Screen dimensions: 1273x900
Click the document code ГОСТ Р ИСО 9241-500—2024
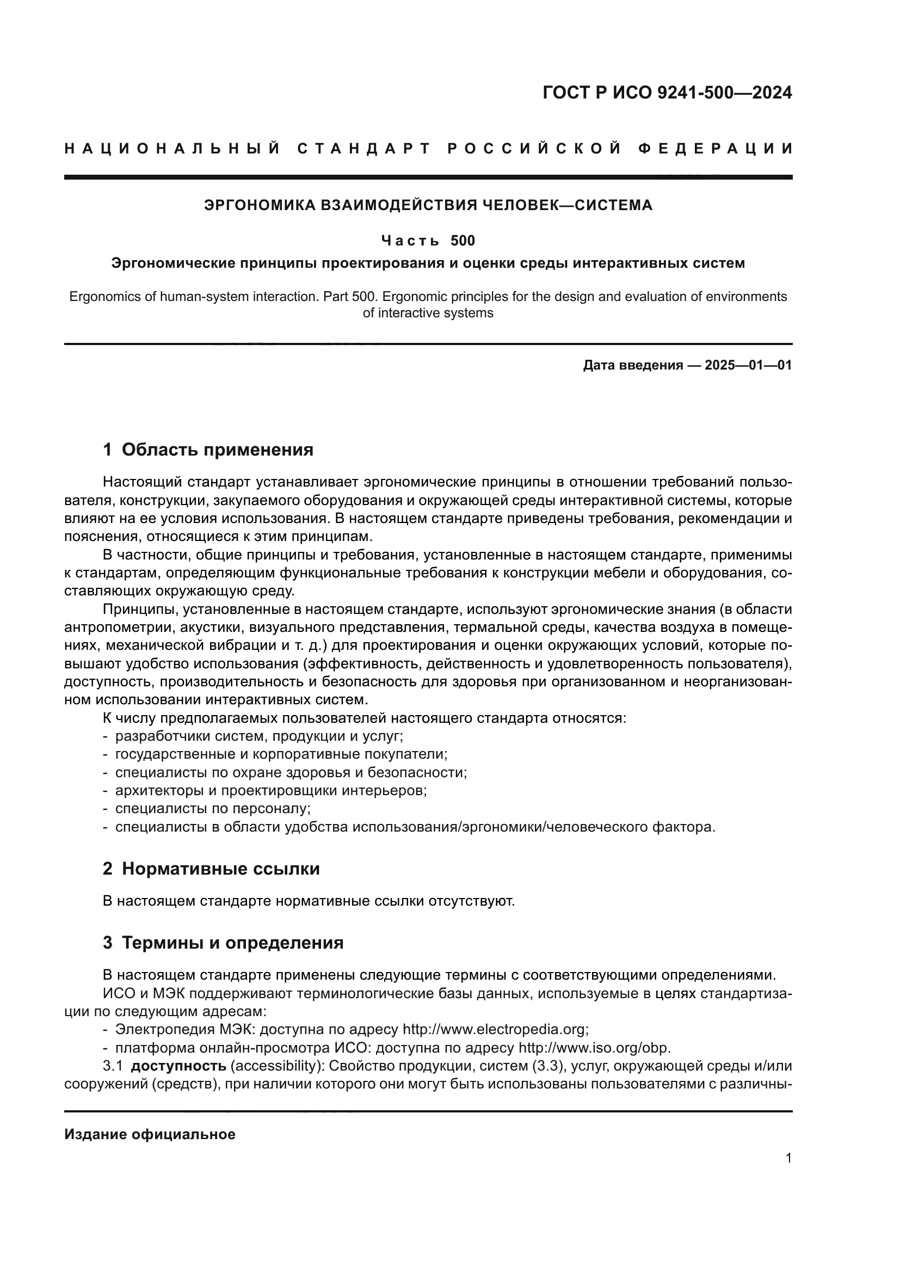667,93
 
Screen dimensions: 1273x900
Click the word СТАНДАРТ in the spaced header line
363,149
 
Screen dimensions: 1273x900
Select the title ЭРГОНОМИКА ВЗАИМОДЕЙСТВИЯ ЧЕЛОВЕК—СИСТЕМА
428,205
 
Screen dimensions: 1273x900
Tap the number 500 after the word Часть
462,241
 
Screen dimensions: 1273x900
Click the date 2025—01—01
748,365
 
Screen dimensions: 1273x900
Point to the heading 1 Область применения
208,449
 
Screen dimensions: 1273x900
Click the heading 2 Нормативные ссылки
211,868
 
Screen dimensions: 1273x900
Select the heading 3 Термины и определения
223,943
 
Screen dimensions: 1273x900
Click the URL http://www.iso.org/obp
594,1048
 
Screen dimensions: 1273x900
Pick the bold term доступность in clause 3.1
178,1066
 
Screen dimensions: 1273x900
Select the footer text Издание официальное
150,1134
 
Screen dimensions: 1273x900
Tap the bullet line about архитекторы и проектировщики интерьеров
270,790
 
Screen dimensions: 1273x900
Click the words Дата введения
632,365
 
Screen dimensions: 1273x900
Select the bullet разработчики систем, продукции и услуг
258,736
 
